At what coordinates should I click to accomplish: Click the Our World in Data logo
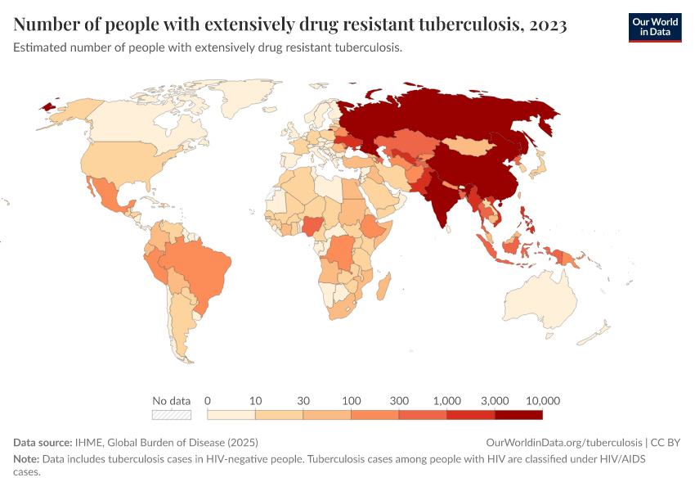pos(654,27)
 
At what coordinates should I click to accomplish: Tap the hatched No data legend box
pos(172,415)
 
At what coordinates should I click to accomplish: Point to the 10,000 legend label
pos(543,401)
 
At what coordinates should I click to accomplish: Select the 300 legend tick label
pos(399,401)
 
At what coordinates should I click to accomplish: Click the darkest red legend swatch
pos(519,415)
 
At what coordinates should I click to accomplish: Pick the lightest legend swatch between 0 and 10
pos(231,415)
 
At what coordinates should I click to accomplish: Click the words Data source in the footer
pos(43,442)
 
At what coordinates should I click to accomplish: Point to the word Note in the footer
pos(25,459)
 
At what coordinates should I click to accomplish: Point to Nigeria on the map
pos(314,224)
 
